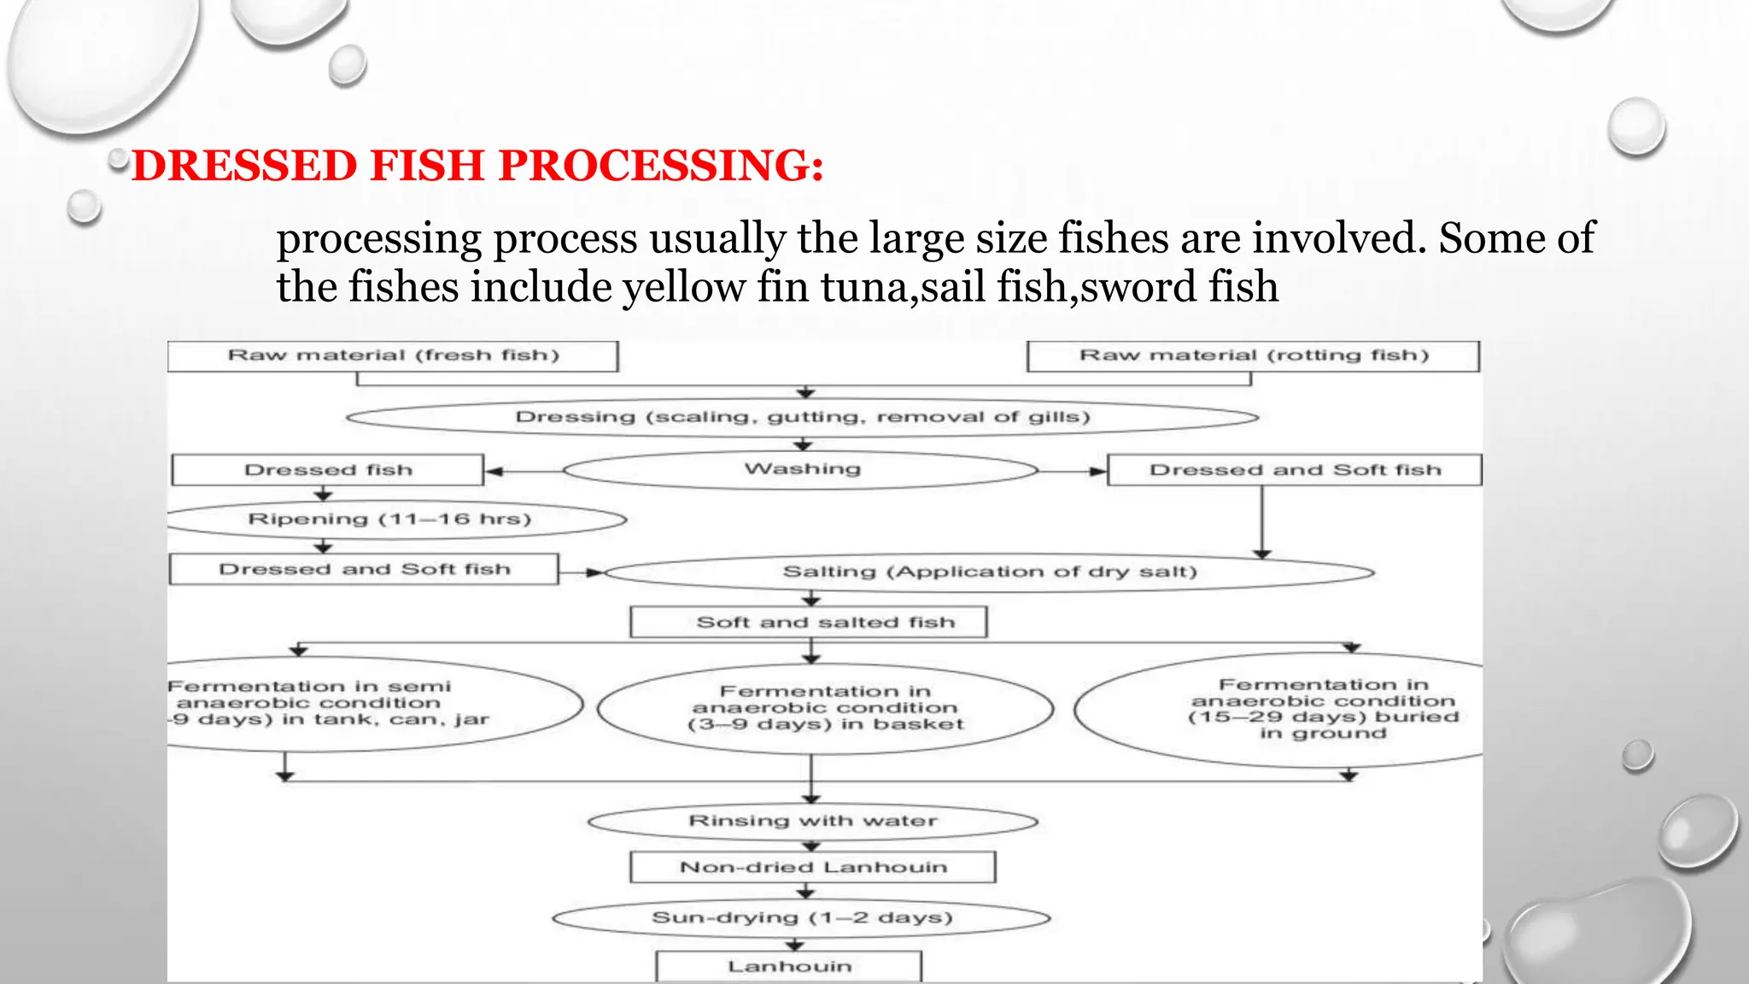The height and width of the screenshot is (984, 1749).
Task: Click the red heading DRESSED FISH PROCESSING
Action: pos(478,165)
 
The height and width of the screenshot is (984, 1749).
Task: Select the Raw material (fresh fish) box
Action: pos(393,356)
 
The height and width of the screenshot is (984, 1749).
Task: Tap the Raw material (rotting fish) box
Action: pos(1253,356)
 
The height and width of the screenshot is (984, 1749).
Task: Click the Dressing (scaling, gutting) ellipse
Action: pos(803,418)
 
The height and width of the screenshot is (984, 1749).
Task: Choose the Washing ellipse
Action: pos(801,470)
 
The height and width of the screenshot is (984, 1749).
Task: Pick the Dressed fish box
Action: pos(328,470)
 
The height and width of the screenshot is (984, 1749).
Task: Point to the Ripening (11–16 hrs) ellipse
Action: pos(389,519)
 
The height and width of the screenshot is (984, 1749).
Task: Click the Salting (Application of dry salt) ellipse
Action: pos(989,571)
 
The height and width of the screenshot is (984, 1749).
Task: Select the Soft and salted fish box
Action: pos(809,622)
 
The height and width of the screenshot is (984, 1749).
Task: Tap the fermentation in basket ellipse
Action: pos(825,708)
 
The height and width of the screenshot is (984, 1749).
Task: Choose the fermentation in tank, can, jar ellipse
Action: pos(342,704)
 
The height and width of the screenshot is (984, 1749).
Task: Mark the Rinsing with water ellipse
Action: pos(812,822)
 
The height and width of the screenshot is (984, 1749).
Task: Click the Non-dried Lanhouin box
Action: pos(813,867)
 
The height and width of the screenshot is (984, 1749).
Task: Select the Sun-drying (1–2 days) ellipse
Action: pos(801,918)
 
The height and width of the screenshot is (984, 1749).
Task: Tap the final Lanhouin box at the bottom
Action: pos(789,966)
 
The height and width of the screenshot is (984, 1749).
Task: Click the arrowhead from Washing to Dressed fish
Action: pos(494,471)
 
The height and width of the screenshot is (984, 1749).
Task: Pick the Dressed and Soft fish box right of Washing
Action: pos(1295,470)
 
